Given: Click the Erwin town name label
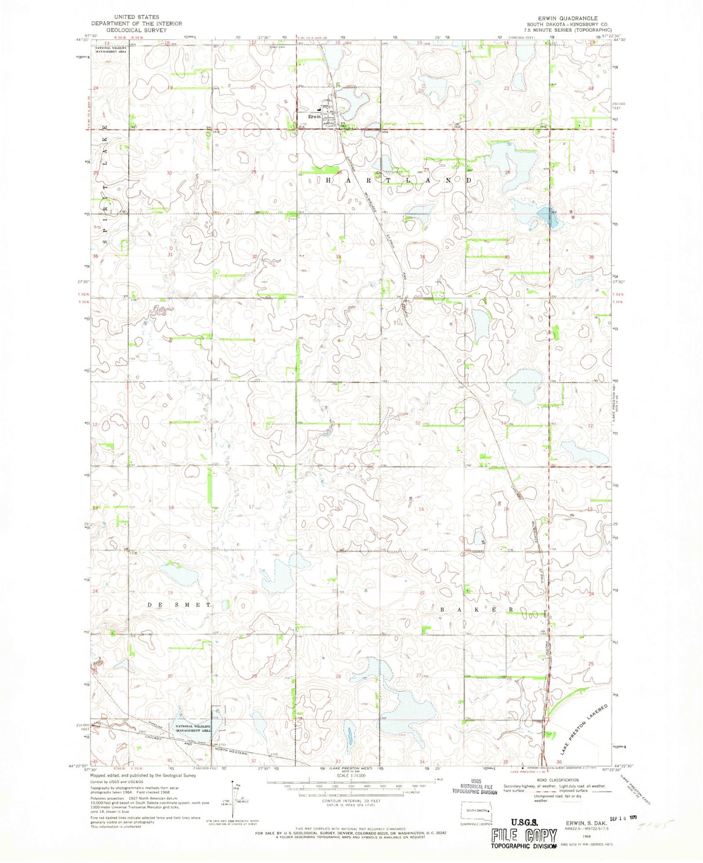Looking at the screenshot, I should click(x=314, y=117).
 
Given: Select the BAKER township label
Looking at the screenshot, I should click(x=477, y=609).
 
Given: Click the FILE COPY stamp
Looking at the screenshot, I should click(x=523, y=835).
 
